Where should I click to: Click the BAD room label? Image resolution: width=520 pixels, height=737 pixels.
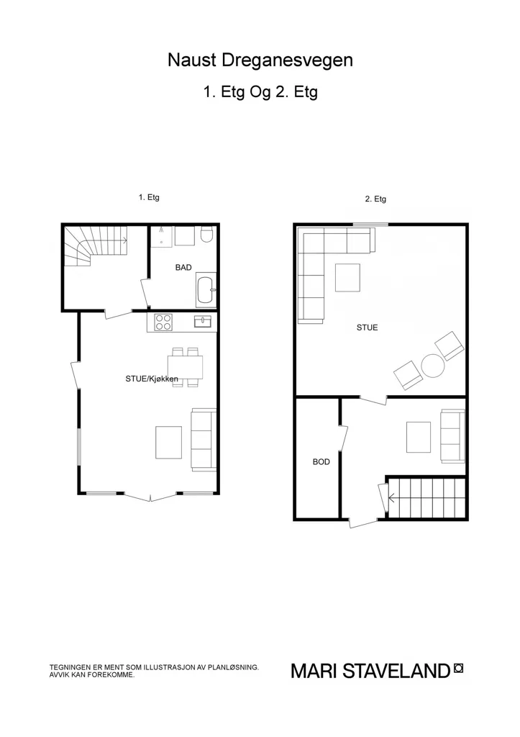coord(183,268)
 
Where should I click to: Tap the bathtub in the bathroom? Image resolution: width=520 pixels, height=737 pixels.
coord(206,291)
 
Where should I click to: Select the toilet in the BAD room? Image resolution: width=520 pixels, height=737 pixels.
coord(206,235)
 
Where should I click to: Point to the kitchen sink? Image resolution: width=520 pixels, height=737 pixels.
coord(203,322)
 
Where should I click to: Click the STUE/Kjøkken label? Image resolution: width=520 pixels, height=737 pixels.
coord(152,379)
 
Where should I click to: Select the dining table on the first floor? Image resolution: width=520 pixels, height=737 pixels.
coord(186,366)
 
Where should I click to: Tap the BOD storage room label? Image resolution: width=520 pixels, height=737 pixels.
coord(321,462)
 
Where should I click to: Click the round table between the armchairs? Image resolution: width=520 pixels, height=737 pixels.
coord(433,366)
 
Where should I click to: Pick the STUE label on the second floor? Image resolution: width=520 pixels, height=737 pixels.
coord(368,327)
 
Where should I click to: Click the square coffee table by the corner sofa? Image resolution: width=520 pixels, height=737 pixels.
coord(347,278)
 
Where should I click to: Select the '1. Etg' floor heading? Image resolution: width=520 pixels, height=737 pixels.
coord(149,197)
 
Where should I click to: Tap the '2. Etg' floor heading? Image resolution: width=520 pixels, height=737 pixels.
coord(375,199)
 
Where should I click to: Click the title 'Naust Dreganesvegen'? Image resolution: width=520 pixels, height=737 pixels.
coord(260,60)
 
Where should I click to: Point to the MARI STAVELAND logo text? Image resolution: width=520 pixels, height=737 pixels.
coord(370,671)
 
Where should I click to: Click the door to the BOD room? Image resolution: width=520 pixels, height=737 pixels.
coord(343,438)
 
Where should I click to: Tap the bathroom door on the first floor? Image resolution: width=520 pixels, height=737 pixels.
coord(145,294)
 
